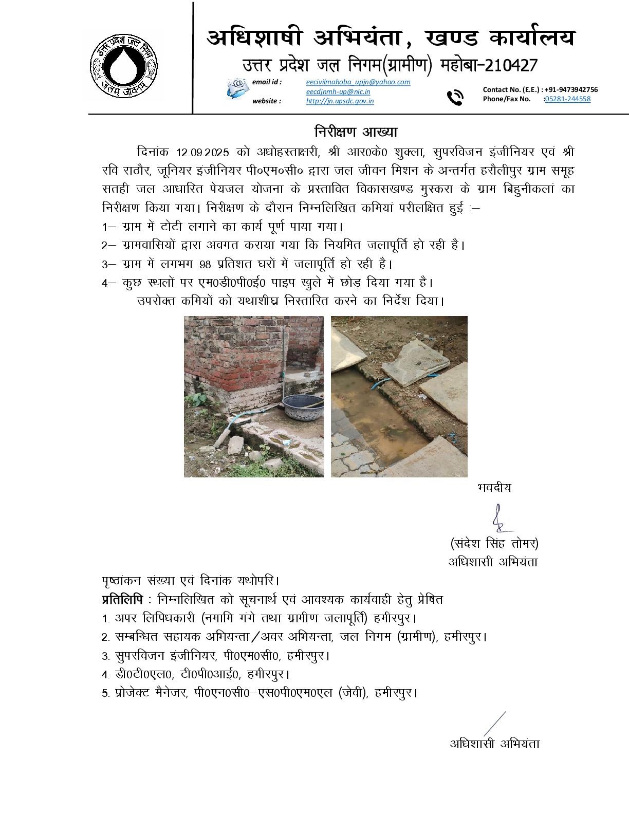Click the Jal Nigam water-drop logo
[x=124, y=64]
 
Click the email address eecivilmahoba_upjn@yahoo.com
[x=358, y=82]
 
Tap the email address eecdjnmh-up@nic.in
[x=338, y=91]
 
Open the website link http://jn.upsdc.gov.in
[x=340, y=101]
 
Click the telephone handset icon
[x=455, y=97]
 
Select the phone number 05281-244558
[x=567, y=99]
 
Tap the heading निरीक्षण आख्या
[x=356, y=132]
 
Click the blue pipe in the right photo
[x=383, y=382]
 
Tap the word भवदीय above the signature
[x=494, y=487]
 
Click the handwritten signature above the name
[x=498, y=517]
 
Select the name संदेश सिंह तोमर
[x=494, y=543]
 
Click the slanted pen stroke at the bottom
[x=494, y=724]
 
